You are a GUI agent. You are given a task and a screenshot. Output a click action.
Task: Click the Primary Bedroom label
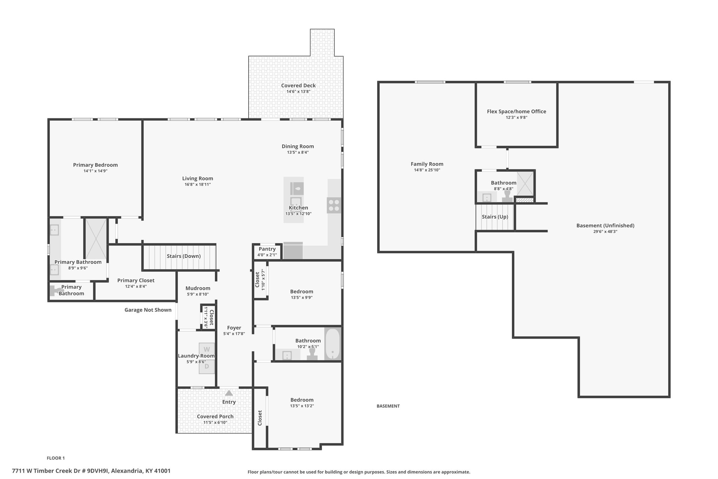[x=95, y=165]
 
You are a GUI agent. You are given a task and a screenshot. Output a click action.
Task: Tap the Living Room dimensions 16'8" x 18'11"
[x=198, y=184]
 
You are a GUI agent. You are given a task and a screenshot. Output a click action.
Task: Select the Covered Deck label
[x=298, y=85]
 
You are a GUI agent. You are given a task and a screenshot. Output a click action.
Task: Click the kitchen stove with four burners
[x=334, y=205]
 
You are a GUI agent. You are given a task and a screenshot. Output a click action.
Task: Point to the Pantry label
[x=267, y=249]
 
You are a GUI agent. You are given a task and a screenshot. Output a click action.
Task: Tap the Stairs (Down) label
[x=184, y=256]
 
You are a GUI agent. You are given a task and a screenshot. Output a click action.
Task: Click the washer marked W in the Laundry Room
[x=207, y=350]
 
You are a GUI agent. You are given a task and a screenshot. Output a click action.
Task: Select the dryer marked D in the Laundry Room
[x=207, y=366]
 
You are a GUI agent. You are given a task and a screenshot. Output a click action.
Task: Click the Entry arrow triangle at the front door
[x=229, y=393]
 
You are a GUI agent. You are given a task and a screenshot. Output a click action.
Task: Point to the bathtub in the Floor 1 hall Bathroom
[x=332, y=344]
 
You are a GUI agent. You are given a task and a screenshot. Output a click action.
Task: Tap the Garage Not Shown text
[x=148, y=310]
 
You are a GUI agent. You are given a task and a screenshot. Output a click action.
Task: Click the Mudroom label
[x=198, y=288]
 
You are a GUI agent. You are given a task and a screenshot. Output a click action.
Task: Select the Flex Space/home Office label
[x=516, y=112]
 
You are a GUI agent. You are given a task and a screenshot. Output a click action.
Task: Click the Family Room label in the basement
[x=427, y=164]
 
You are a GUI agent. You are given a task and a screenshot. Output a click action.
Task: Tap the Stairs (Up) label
[x=495, y=217]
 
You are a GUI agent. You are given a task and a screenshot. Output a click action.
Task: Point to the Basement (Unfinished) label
[x=605, y=226]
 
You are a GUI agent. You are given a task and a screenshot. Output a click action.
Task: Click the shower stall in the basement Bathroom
[x=526, y=184]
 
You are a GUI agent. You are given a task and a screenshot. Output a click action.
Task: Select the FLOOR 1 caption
[x=56, y=458]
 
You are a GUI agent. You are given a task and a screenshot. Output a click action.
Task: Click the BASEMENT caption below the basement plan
[x=388, y=406]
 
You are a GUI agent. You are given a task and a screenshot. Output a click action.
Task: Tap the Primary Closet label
[x=136, y=280]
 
